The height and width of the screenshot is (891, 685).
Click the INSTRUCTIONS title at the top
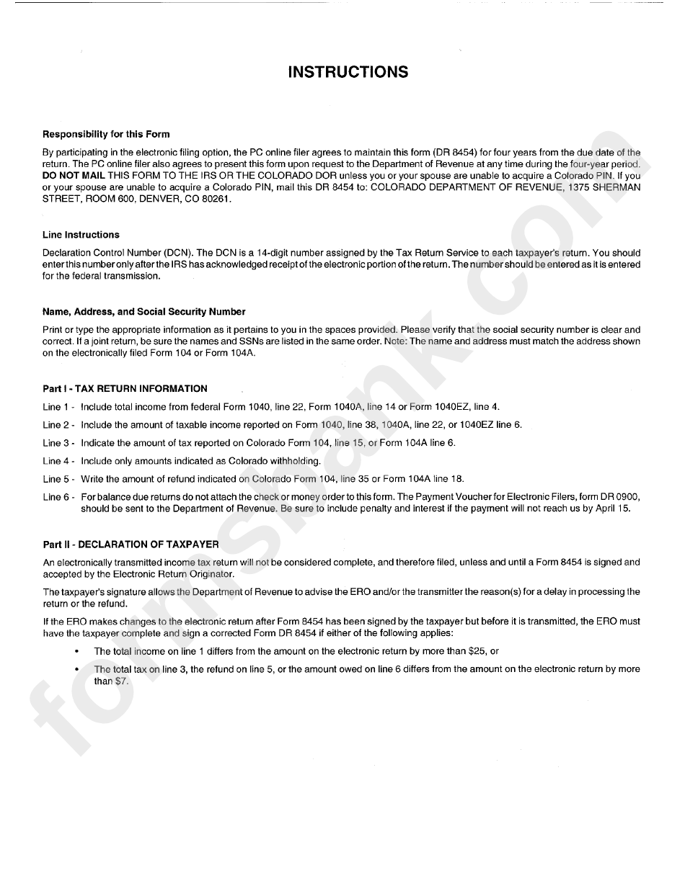tap(348, 72)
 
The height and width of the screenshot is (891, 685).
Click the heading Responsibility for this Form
tap(106, 134)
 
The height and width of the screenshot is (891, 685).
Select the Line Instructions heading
tap(81, 235)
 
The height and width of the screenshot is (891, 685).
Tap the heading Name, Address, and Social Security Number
tap(143, 312)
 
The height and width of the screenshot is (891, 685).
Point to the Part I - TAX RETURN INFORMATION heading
tap(125, 388)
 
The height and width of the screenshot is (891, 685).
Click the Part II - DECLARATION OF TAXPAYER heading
tap(131, 545)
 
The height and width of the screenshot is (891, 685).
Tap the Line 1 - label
tap(59, 407)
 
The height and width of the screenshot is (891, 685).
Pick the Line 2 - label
tap(59, 425)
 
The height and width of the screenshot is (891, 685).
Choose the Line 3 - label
tap(59, 443)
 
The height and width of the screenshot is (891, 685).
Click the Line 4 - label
tap(59, 461)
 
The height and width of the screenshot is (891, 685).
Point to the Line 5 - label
tap(59, 479)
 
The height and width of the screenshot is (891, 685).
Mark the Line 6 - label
tap(59, 497)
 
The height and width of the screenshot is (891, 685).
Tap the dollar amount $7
tap(121, 680)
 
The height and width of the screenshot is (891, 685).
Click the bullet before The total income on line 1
tap(76, 651)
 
